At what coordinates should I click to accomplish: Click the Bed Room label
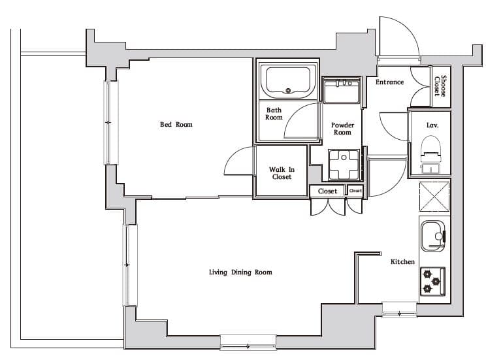pyautogui.click(x=176, y=124)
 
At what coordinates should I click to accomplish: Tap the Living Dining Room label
pyautogui.click(x=240, y=272)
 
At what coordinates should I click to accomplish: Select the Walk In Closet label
pyautogui.click(x=282, y=173)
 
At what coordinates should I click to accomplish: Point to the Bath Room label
pyautogui.click(x=274, y=114)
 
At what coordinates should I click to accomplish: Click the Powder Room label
pyautogui.click(x=342, y=128)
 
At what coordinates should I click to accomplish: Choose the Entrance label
pyautogui.click(x=389, y=82)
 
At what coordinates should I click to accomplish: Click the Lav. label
pyautogui.click(x=432, y=124)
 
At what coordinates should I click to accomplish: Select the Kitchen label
pyautogui.click(x=402, y=261)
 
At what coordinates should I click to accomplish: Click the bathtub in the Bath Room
pyautogui.click(x=288, y=80)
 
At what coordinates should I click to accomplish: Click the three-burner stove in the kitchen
pyautogui.click(x=432, y=280)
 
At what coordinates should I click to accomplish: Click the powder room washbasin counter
pyautogui.click(x=342, y=90)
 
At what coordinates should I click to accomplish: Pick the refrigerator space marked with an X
pyautogui.click(x=432, y=197)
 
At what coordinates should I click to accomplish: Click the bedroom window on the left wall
pyautogui.click(x=110, y=122)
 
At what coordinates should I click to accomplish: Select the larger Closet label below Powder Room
pyautogui.click(x=327, y=191)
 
